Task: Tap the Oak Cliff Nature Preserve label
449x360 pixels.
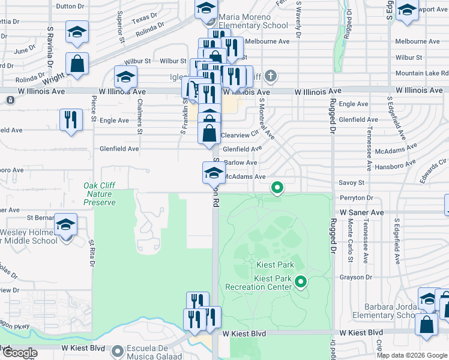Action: coord(100,194)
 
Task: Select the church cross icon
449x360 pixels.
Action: coord(271,76)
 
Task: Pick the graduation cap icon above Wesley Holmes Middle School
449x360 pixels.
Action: coord(66,225)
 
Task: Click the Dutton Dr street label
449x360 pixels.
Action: coord(70,6)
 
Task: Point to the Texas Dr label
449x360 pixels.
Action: coord(145,19)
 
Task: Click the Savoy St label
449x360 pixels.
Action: coord(352,182)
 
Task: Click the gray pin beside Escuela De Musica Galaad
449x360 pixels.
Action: coord(117,350)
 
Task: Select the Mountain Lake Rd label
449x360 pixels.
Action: coord(419,73)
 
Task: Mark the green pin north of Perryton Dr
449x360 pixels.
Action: coord(277,188)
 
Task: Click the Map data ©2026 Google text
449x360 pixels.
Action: coord(412,355)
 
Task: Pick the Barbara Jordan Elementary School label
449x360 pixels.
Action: coord(390,311)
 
